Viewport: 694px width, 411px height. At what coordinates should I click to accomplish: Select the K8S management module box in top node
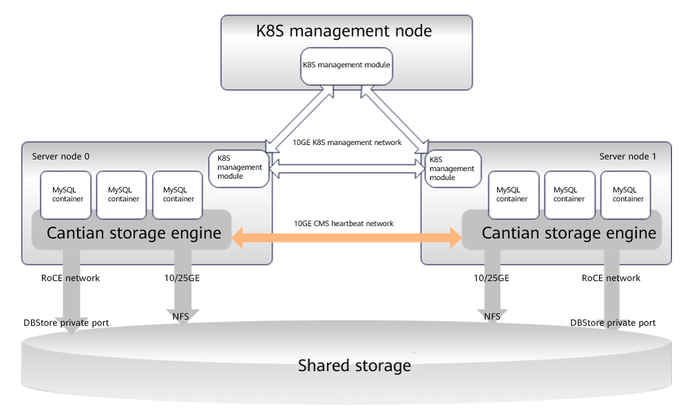pos(347,66)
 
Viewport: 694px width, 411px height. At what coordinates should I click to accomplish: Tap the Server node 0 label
pos(61,157)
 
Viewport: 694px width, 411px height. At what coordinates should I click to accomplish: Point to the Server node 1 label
pos(627,157)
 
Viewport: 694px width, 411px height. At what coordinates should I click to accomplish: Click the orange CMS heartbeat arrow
pos(347,238)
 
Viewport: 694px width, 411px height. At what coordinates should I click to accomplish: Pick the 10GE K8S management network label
pos(347,143)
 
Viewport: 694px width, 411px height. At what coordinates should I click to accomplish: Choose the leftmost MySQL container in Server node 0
pos(67,195)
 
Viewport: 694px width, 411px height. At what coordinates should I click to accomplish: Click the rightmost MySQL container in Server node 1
pos(628,195)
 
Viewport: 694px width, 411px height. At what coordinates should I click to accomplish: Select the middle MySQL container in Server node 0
pos(124,195)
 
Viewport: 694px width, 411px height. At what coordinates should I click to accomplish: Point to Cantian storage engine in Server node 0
pos(133,234)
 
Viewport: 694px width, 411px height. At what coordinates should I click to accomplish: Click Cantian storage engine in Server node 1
pos(569,234)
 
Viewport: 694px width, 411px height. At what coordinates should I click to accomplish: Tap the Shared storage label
pos(354,366)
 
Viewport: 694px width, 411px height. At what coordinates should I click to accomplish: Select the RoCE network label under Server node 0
pos(71,278)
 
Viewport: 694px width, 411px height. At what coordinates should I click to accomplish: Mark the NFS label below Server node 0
pos(182,315)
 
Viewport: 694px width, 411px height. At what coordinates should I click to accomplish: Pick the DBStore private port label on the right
pos(613,323)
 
